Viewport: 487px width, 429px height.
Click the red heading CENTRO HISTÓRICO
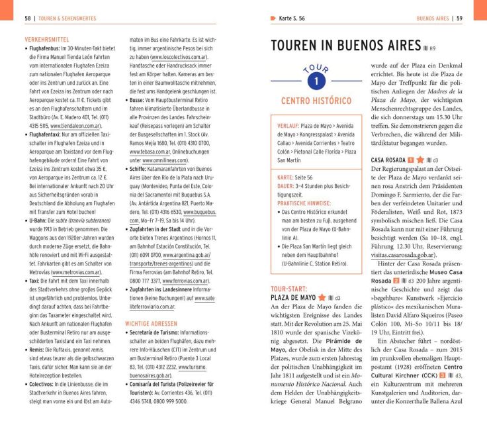point(316,101)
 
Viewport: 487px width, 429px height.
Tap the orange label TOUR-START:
point(288,289)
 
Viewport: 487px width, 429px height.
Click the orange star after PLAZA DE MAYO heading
point(322,299)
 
